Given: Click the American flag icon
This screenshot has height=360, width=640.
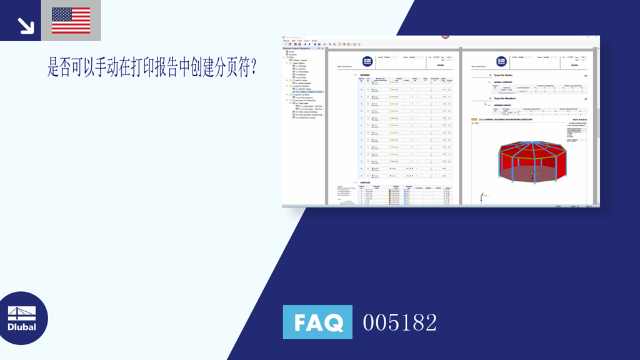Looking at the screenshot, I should click(71, 20).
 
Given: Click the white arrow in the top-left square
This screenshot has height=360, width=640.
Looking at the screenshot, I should click(25, 24).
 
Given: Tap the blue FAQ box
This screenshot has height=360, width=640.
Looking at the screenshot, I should click(317, 322).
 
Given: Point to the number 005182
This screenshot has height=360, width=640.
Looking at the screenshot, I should click(400, 322).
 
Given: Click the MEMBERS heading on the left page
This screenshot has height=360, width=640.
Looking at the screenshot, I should click(366, 75).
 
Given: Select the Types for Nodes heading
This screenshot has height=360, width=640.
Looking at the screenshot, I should click(506, 75).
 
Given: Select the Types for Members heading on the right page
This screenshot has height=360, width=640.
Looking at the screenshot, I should click(507, 98).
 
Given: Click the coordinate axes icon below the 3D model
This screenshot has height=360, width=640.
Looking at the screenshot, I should click(482, 198).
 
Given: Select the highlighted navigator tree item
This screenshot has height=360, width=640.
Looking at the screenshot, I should click(309, 91).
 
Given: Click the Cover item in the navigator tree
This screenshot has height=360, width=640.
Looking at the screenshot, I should click(292, 52).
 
